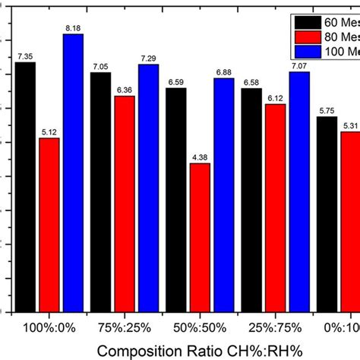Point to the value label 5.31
click(350, 125)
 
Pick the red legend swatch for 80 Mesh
click(302, 36)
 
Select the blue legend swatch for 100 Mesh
click(302, 51)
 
